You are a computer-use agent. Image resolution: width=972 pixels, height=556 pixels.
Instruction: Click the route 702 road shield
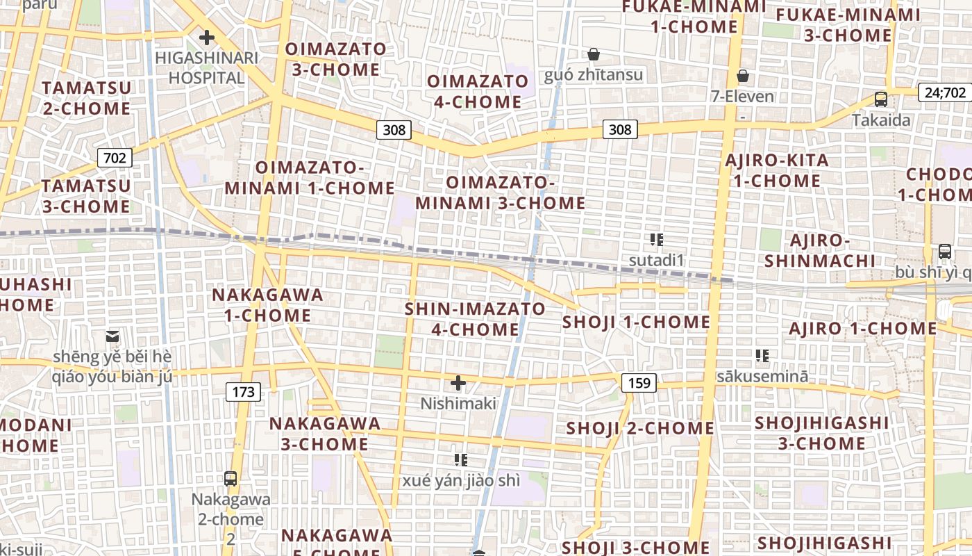pos(115,158)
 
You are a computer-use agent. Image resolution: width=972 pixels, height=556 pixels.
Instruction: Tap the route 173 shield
pos(243,392)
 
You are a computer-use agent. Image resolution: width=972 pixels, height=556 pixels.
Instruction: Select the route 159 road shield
pos(638,382)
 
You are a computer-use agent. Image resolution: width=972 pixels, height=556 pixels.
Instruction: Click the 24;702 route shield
pos(945,92)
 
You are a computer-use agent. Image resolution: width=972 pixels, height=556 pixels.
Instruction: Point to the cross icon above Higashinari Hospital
pos(206,38)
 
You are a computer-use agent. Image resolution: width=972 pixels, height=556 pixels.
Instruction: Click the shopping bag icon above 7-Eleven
pos(743,75)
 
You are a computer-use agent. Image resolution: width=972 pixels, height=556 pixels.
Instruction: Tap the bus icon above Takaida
pos(881,99)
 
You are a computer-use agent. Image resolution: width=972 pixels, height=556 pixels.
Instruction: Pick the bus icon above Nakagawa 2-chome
pos(231,478)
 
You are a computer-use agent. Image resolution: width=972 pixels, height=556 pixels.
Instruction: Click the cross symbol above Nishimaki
pos(458,382)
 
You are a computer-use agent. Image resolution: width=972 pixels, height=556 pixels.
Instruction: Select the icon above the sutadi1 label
pos(657,240)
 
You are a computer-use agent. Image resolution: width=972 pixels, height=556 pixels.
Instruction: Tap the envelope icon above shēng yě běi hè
pos(112,336)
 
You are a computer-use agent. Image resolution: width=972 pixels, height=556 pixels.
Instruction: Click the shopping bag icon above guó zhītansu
pos(594,54)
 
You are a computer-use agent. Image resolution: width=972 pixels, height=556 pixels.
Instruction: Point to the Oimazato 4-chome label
pos(478,92)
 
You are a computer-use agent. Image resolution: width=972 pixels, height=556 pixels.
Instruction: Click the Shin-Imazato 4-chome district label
pos(476,318)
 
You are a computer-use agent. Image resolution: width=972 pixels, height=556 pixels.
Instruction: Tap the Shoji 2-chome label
pos(639,427)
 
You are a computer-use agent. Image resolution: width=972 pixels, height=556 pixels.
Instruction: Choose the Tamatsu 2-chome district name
pos(87,98)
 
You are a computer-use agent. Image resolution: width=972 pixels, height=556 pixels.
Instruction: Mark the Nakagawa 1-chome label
pos(267,304)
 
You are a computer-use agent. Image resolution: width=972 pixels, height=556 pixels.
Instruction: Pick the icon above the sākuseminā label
pos(762,356)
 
